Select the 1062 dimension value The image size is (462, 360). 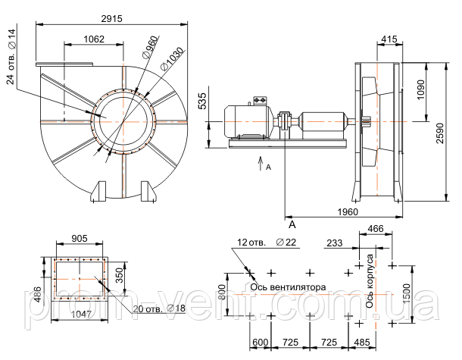[94, 39]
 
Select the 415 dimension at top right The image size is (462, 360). [389, 39]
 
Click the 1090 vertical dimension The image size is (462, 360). [422, 95]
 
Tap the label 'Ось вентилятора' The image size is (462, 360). [289, 287]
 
